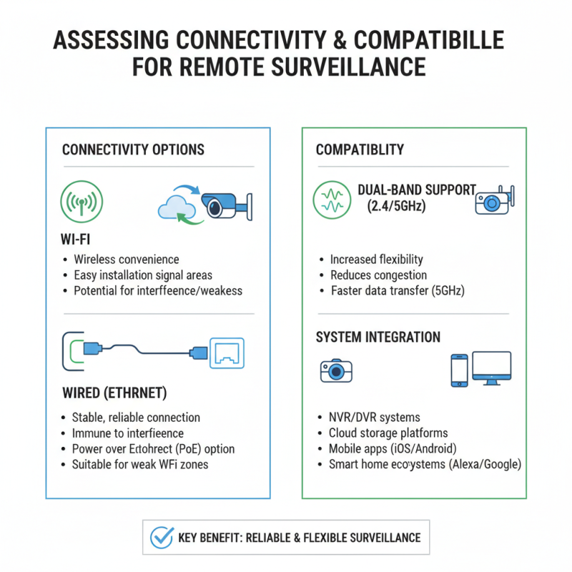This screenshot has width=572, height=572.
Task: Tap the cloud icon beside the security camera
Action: pyautogui.click(x=177, y=207)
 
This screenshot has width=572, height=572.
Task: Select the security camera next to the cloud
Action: pyautogui.click(x=227, y=206)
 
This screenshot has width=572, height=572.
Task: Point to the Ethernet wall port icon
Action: pyautogui.click(x=227, y=353)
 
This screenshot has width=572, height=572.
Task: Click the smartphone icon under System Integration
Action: pyautogui.click(x=459, y=370)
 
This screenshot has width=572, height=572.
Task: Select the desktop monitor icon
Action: pyautogui.click(x=492, y=368)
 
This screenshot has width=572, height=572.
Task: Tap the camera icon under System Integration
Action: pyautogui.click(x=336, y=370)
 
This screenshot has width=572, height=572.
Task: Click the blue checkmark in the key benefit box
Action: pyautogui.click(x=162, y=538)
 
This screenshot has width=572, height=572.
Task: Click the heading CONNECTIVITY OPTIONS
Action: pyautogui.click(x=133, y=149)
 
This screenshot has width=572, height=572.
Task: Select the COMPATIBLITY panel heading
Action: pyautogui.click(x=360, y=149)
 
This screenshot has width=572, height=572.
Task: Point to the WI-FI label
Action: pyautogui.click(x=75, y=240)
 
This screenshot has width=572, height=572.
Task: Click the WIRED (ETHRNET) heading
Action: pyautogui.click(x=114, y=393)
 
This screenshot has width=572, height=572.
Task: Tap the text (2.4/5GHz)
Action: pyautogui.click(x=396, y=206)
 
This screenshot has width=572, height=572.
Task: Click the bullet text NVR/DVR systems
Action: pyautogui.click(x=374, y=417)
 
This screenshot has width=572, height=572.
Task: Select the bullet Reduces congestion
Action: pyautogui.click(x=378, y=275)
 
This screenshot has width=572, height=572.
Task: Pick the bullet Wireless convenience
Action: pyautogui.click(x=127, y=260)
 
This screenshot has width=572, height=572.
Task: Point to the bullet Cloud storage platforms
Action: pyautogui.click(x=388, y=433)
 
